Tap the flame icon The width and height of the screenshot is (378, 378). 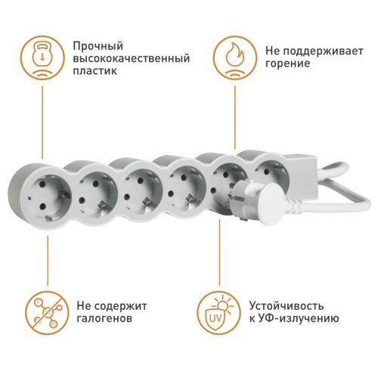pos(234,57)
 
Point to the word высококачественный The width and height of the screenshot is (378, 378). pos(132,58)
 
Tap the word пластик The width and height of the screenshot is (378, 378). pos(98,72)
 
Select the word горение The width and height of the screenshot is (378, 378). pos(288,64)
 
